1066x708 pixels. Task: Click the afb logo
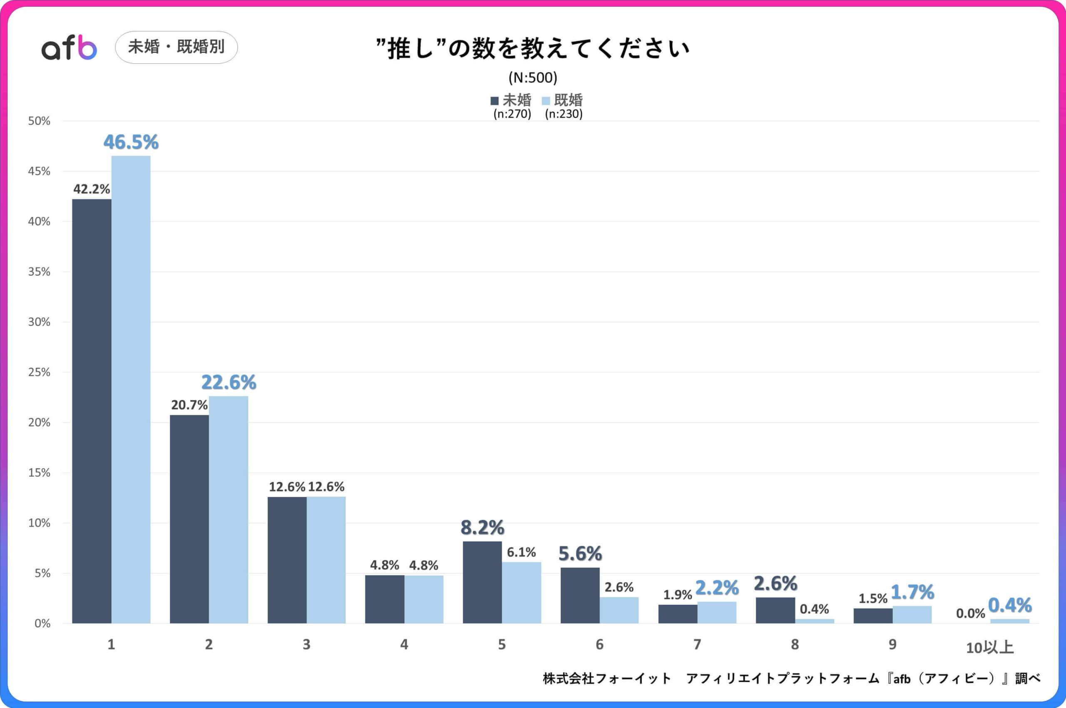(69, 48)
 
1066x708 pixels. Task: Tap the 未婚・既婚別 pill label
(176, 47)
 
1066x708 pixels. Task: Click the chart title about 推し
(533, 48)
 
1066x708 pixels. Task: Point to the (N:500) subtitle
(533, 78)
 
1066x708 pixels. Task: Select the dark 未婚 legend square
(495, 101)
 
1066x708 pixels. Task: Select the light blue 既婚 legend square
(545, 101)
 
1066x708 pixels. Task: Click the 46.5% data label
(131, 142)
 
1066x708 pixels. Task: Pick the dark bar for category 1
(92, 411)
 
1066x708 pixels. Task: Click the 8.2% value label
(483, 527)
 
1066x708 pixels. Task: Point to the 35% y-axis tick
(39, 272)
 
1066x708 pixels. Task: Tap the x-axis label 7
(697, 644)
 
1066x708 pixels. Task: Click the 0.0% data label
(970, 613)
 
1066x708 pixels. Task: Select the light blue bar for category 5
(521, 592)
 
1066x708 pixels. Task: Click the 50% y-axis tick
(39, 121)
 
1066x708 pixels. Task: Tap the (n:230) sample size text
(564, 114)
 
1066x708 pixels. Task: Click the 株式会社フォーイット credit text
(607, 678)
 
